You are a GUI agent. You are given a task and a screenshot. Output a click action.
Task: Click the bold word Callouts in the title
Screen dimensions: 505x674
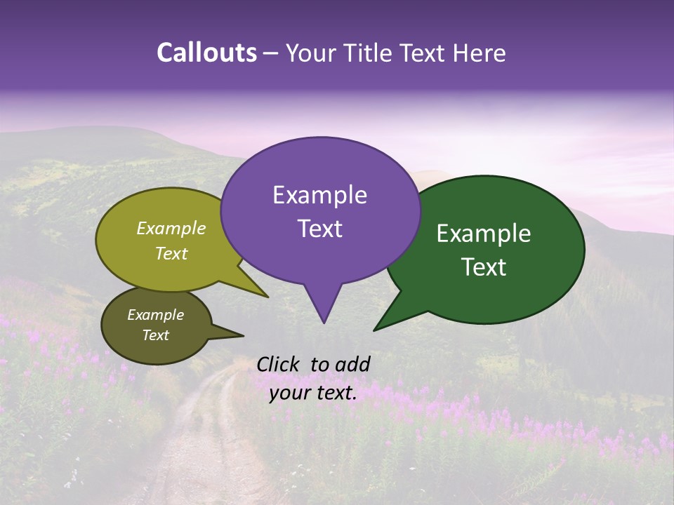point(206,53)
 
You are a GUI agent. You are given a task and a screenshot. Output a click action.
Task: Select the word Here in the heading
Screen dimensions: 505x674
point(477,53)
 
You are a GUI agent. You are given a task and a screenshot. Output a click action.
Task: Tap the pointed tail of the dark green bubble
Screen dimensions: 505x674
point(393,316)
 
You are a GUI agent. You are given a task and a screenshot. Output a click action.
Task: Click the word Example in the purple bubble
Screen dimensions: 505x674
point(319,195)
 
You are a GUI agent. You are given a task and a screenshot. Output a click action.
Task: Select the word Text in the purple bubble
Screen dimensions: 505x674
point(319,229)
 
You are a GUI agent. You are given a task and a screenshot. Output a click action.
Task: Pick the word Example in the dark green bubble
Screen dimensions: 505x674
point(484,234)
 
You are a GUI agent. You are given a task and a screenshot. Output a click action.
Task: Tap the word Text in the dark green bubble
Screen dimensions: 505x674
point(484,267)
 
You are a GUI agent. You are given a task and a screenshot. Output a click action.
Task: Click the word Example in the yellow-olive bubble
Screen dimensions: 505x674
point(171,228)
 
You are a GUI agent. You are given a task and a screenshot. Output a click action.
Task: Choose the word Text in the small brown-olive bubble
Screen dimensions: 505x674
point(155,335)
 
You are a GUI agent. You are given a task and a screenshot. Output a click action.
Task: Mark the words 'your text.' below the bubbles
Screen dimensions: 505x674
point(313,393)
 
